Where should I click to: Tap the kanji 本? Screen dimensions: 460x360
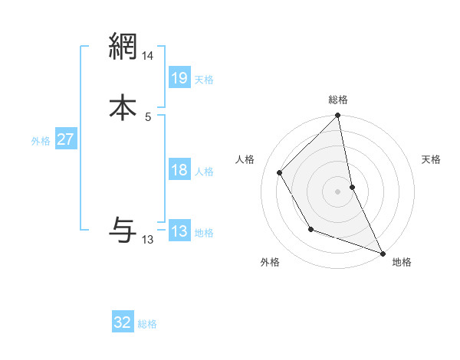pos(123,106)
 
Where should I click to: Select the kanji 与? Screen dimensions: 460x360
pos(123,229)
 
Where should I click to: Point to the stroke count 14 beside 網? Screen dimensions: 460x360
pos(148,56)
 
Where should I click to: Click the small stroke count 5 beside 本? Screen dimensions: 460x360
pos(148,116)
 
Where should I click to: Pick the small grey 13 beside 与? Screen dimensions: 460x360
pos(148,240)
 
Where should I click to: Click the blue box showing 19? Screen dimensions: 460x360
pos(179,78)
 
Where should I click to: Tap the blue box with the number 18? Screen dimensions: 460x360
pos(179,170)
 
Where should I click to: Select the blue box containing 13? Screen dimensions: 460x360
pos(179,231)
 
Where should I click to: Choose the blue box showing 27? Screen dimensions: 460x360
pos(65,139)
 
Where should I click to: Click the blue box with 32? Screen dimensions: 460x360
pos(123,322)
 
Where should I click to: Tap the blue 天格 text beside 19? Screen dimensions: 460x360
pos(204,79)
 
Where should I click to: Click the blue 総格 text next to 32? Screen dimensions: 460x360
pos(147,324)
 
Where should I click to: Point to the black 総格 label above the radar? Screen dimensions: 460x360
pos(338,100)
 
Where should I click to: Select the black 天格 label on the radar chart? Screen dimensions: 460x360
pos(432,159)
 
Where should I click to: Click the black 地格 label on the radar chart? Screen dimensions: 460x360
pos(402,262)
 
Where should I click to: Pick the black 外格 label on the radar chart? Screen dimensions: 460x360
pos(270,262)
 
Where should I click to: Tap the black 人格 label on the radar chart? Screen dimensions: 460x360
pos(245,159)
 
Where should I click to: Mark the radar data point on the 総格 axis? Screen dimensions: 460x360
pos(338,116)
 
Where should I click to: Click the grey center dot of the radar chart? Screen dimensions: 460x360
pos(338,191)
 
